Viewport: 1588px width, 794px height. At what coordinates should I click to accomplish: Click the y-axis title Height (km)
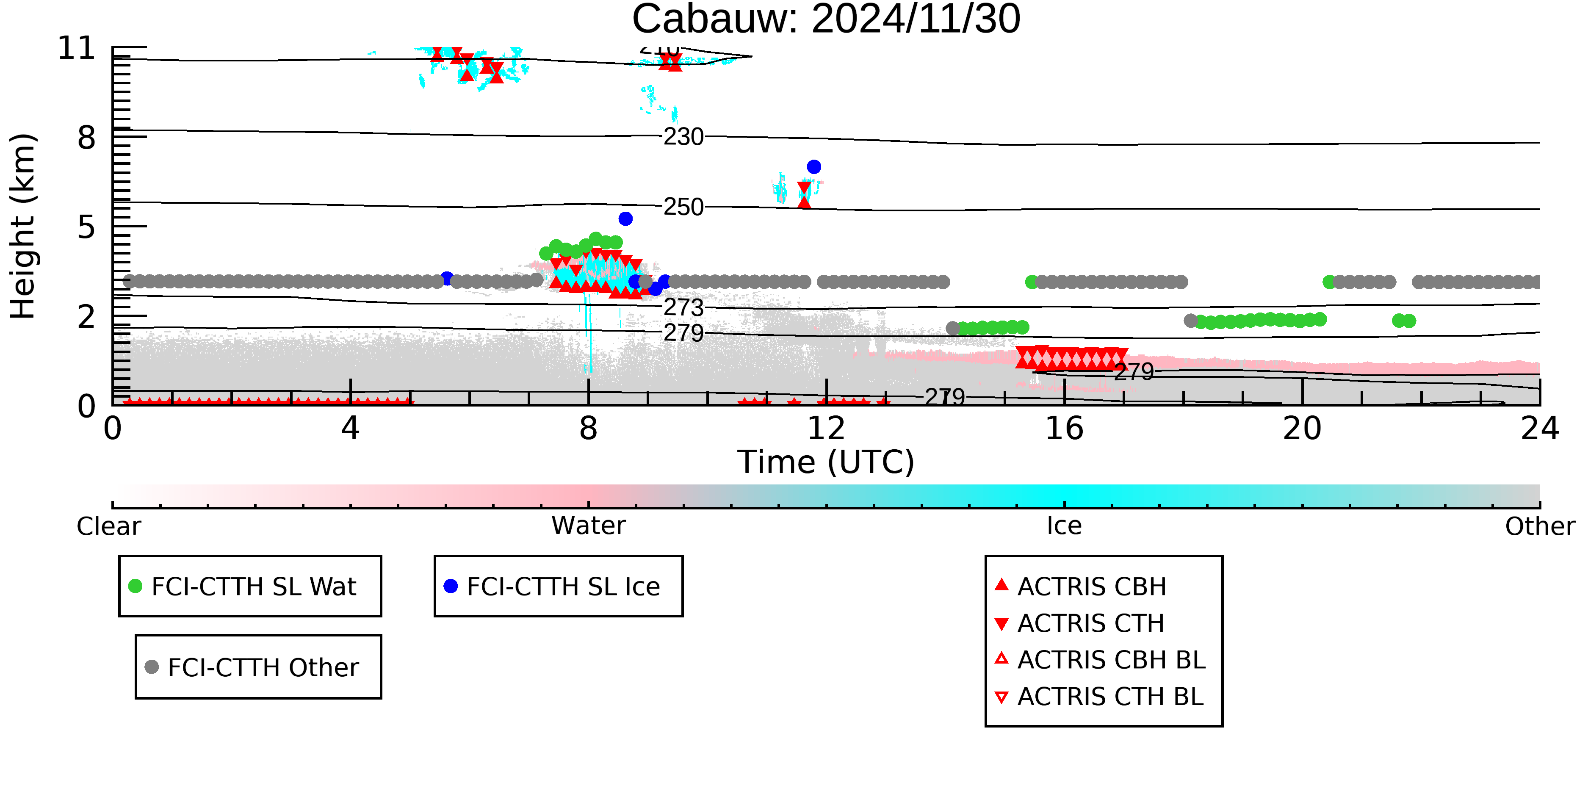[x=23, y=226]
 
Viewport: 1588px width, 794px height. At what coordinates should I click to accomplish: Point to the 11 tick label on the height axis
[x=77, y=48]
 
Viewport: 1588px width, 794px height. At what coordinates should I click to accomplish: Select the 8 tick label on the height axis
[x=87, y=138]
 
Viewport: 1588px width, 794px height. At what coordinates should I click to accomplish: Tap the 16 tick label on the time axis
[x=1064, y=429]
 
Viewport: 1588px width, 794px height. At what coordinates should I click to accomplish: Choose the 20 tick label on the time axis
[x=1302, y=429]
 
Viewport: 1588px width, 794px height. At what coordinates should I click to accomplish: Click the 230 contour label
[x=683, y=137]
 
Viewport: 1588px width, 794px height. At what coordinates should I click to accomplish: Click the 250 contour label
[x=683, y=207]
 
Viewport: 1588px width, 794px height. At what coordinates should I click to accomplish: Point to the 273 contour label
[x=683, y=307]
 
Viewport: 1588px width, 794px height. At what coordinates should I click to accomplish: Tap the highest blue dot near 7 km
[x=814, y=167]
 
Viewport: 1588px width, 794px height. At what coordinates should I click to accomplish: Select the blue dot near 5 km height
[x=625, y=219]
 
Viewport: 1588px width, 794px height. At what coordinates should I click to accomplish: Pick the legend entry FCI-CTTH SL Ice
[x=552, y=586]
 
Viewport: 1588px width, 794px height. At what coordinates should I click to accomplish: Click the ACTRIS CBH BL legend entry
[x=1100, y=660]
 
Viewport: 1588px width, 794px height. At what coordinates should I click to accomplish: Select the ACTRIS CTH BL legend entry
[x=1099, y=697]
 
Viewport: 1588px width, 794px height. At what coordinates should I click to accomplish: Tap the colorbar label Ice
[x=1064, y=526]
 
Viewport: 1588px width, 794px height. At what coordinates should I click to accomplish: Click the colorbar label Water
[x=589, y=526]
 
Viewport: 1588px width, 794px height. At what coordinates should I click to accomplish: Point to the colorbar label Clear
[x=109, y=526]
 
